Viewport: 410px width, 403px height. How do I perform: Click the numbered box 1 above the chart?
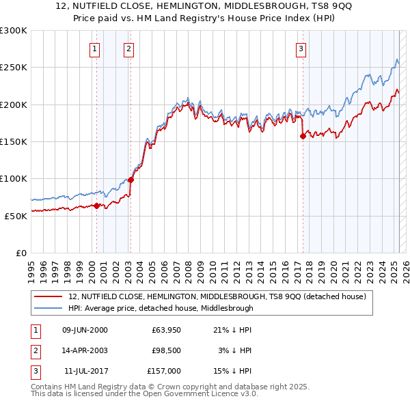(x=94, y=48)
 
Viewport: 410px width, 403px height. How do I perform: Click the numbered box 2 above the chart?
(x=128, y=48)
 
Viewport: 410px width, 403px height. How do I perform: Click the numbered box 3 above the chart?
(x=301, y=48)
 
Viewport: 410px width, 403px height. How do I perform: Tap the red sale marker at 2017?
(x=302, y=137)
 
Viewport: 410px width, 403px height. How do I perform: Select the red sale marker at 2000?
(x=96, y=205)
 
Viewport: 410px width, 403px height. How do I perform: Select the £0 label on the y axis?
(x=20, y=253)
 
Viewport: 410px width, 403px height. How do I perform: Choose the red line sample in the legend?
(x=49, y=296)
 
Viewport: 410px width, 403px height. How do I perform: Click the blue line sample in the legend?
(x=49, y=308)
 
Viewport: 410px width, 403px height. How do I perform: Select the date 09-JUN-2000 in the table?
(x=85, y=330)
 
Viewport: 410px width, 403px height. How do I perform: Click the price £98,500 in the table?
(x=165, y=350)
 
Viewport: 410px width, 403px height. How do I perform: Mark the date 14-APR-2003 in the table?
(x=85, y=350)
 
